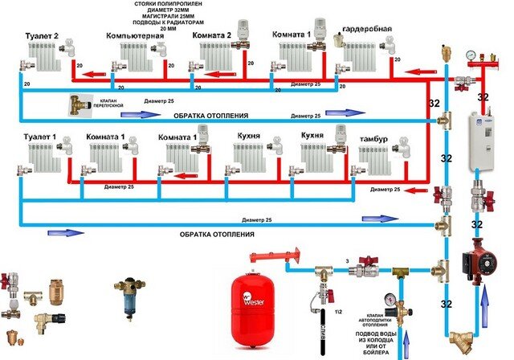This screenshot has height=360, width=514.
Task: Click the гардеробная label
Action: (x=368, y=30)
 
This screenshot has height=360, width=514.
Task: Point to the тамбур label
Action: (x=372, y=141)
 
